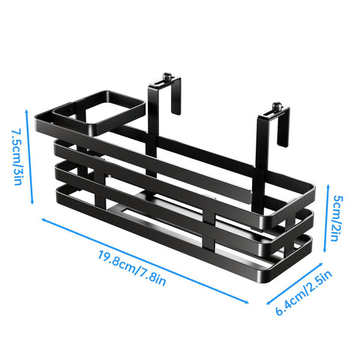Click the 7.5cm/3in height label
(17, 157)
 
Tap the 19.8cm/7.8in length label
(132, 268)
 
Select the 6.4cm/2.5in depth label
(304, 292)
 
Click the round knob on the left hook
(167, 76)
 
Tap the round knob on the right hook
(276, 106)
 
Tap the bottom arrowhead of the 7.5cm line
(32, 202)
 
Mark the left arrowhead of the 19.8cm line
(43, 220)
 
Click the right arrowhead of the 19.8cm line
(247, 302)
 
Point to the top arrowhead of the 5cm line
(328, 187)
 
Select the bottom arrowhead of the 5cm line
(325, 250)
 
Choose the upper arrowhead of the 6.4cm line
(321, 264)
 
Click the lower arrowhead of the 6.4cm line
(268, 302)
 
